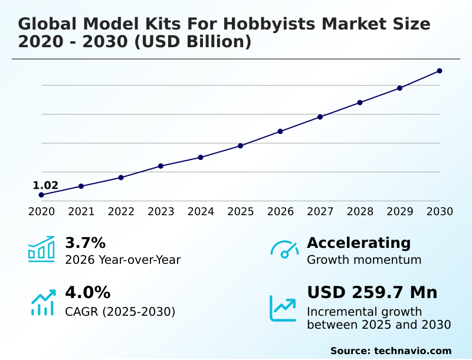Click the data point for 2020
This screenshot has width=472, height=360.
click(41, 195)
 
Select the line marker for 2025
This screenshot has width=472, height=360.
click(241, 146)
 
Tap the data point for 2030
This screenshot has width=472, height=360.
click(440, 71)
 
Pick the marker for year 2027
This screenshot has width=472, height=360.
click(320, 117)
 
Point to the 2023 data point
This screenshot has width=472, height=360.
click(161, 166)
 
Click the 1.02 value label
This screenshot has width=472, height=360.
click(45, 185)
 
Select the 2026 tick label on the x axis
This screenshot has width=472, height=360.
click(280, 212)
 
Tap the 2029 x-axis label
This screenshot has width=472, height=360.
click(400, 212)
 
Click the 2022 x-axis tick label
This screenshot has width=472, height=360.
click(121, 212)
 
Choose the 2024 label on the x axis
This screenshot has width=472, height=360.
click(201, 212)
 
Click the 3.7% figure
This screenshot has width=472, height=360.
click(85, 243)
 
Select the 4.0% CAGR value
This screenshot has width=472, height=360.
click(87, 293)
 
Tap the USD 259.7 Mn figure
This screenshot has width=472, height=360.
click(372, 293)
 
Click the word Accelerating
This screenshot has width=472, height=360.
click(359, 243)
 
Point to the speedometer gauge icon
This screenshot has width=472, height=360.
click(284, 249)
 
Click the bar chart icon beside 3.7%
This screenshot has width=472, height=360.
click(41, 249)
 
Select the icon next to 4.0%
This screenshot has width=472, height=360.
click(42, 302)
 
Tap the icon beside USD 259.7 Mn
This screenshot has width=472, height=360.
click(283, 308)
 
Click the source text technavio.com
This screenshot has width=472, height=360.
click(412, 351)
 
